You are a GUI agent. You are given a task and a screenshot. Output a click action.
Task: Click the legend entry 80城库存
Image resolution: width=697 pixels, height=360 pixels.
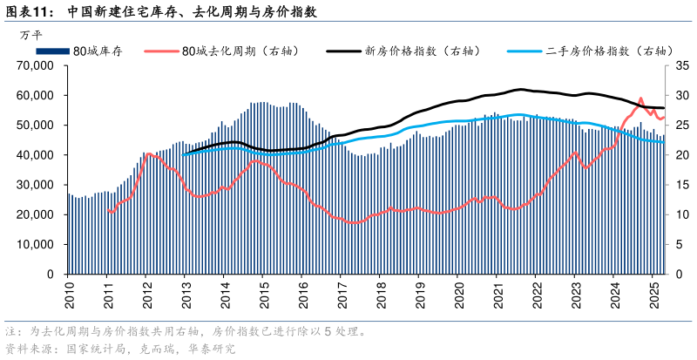point(97,51)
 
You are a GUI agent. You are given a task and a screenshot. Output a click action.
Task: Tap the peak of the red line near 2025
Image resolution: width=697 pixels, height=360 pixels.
point(641,98)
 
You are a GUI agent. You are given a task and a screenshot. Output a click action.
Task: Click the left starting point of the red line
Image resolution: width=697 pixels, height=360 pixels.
point(107,210)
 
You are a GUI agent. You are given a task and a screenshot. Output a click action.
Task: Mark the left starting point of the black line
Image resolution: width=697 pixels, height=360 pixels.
point(184,154)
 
